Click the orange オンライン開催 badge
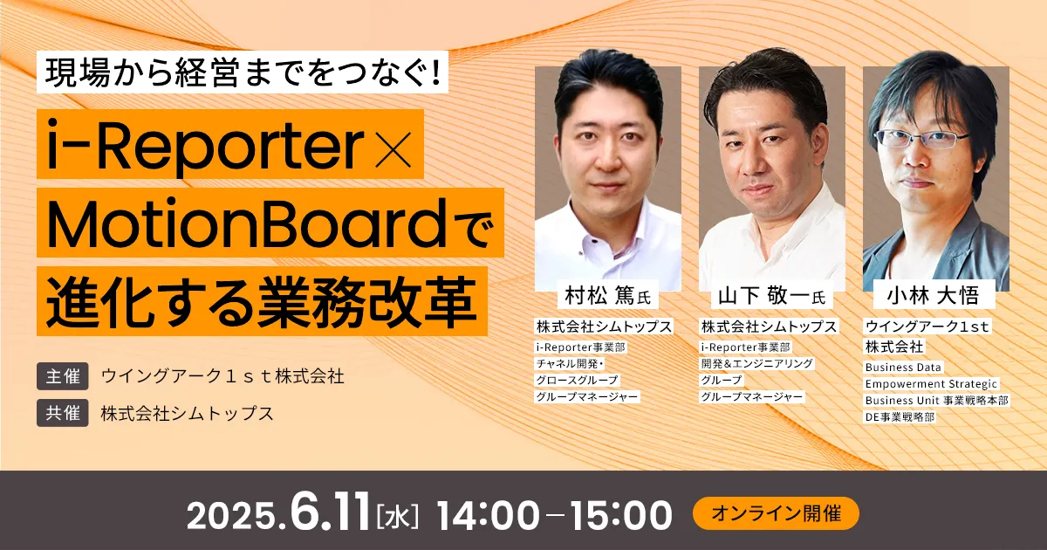(776, 513)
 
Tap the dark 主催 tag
(63, 376)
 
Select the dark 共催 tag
(63, 412)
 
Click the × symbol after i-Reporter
(393, 149)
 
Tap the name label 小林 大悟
(934, 296)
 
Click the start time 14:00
(488, 515)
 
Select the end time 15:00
(621, 515)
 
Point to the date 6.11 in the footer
(330, 512)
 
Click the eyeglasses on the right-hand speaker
(920, 139)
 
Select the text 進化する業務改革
(262, 301)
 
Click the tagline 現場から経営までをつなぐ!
(243, 72)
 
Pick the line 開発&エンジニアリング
(757, 363)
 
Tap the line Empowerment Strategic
(931, 384)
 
